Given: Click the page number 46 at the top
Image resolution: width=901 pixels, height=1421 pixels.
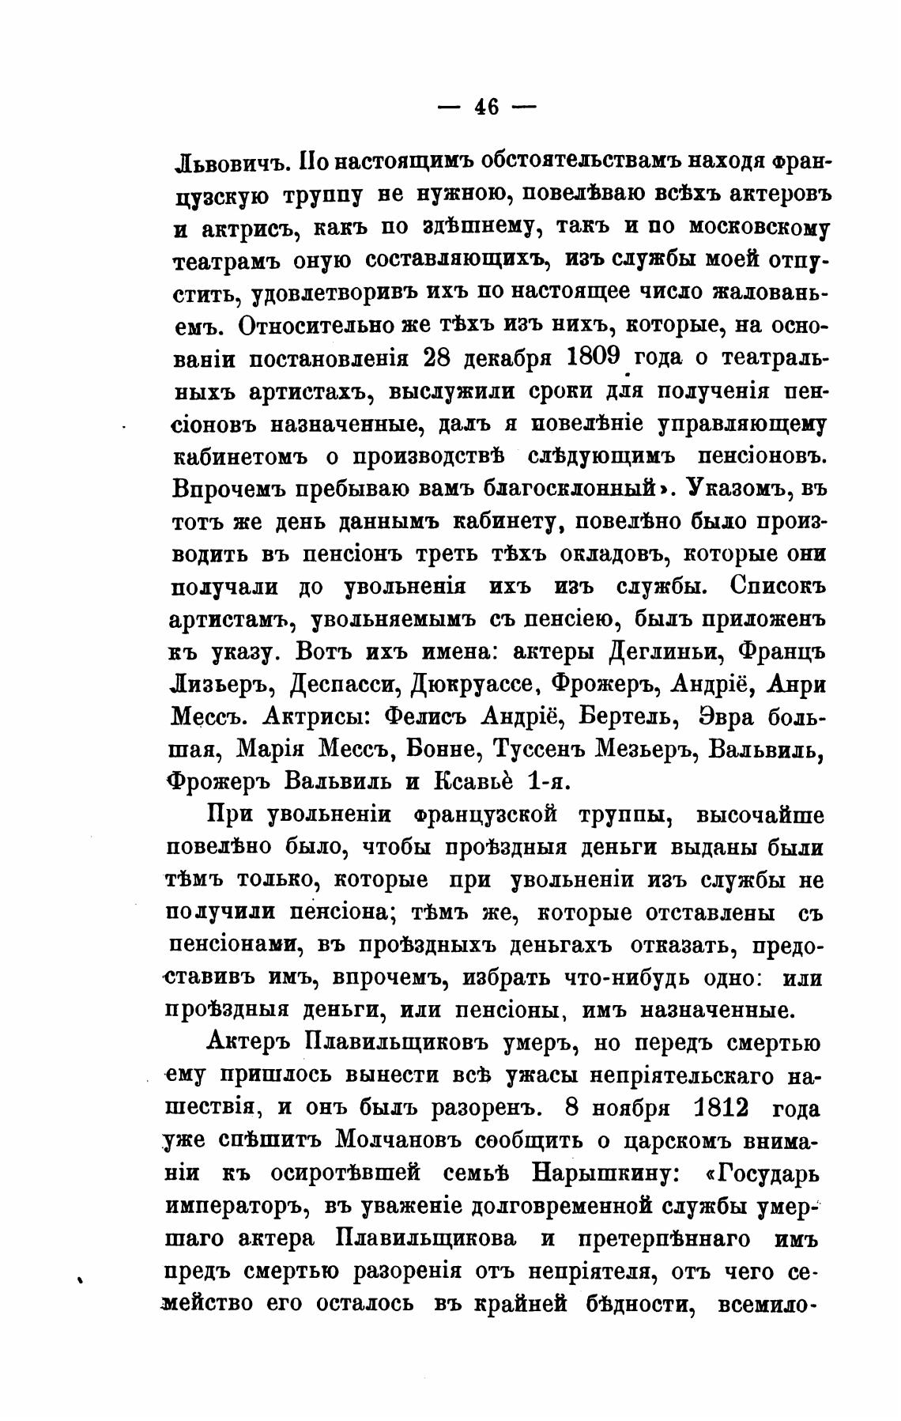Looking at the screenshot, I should (486, 107).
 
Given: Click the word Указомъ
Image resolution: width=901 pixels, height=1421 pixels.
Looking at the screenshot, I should (733, 488).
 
